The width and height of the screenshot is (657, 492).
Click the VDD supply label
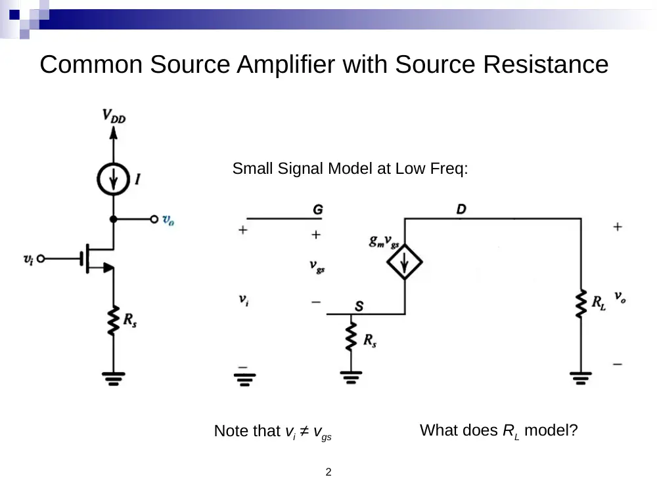point(114,116)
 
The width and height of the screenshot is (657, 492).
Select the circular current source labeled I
point(113,179)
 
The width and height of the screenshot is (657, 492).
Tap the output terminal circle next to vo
point(154,219)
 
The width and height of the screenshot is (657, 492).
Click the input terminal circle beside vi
point(41,258)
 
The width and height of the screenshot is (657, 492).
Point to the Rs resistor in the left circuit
point(113,320)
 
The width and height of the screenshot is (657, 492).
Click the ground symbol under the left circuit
point(113,379)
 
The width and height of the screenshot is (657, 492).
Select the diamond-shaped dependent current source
point(404,262)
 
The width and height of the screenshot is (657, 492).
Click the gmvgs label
point(384,241)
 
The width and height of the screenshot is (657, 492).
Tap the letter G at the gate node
point(318,209)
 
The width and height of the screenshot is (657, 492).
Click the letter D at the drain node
point(461,209)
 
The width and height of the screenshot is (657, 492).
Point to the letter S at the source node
point(359,306)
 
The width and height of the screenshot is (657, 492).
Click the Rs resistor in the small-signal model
point(351,337)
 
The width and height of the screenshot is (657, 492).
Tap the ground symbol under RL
point(581,378)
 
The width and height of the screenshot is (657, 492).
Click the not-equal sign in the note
point(305,430)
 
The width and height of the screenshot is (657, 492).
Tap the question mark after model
point(574,430)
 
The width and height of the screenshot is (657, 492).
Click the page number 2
point(328,472)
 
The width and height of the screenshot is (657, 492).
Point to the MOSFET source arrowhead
point(108,268)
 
